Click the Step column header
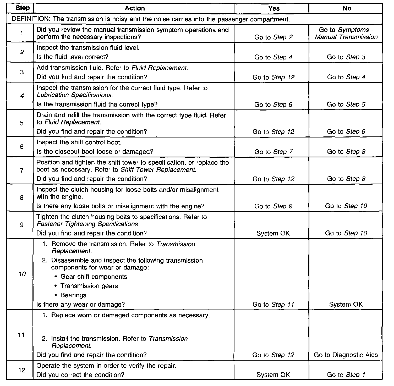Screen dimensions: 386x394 [x=23, y=8]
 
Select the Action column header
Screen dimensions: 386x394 [x=135, y=8]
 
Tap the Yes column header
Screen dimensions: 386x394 [x=274, y=8]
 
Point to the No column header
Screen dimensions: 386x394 [x=347, y=8]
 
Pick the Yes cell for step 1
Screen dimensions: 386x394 [x=273, y=37]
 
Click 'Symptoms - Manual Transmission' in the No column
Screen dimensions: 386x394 [x=346, y=34]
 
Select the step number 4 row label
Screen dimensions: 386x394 [x=22, y=96]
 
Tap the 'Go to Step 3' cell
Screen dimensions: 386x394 [x=346, y=57]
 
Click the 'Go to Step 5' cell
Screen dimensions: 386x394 [x=346, y=104]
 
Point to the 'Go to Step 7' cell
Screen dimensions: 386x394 [x=273, y=152]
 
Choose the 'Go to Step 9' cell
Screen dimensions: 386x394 [x=273, y=206]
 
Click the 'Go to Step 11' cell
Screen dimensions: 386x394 [x=273, y=305]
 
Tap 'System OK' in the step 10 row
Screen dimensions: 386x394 [x=346, y=305]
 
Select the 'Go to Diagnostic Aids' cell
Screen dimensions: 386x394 [x=346, y=355]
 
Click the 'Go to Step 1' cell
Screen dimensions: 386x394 [x=346, y=375]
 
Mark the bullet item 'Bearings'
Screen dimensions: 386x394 [x=73, y=295]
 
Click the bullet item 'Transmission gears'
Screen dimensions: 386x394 [x=89, y=286]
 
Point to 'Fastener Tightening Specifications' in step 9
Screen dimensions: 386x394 [x=87, y=224]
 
